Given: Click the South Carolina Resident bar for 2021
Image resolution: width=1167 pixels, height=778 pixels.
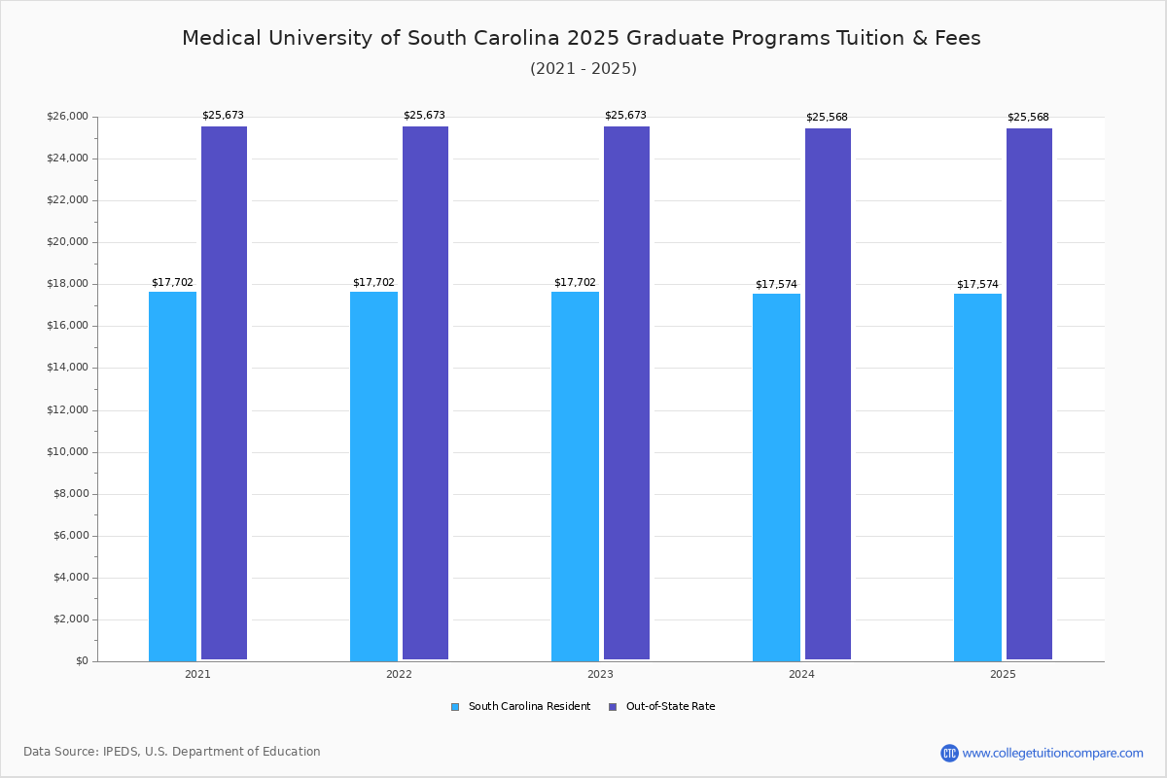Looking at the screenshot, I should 172,477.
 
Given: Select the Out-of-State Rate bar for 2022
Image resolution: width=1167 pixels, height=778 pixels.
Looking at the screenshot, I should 425,394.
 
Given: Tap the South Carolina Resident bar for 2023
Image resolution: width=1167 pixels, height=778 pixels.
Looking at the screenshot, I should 575,477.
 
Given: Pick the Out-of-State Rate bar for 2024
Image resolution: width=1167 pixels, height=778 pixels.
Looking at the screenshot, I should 828,395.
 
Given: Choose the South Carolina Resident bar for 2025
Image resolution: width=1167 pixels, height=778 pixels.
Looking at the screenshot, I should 977,477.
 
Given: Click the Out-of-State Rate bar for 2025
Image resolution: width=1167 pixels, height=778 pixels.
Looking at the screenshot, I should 1029,395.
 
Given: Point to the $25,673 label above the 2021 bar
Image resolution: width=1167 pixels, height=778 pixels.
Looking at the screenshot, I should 223,116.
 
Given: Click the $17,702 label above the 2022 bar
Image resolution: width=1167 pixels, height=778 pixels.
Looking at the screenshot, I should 373,283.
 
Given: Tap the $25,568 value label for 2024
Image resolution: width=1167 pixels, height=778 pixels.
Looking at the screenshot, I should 827,118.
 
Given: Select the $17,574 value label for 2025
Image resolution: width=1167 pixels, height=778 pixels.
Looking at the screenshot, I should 977,285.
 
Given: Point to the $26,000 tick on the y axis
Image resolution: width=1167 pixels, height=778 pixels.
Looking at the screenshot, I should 67,117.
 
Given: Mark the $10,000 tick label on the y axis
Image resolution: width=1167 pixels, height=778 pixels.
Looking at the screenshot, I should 67,452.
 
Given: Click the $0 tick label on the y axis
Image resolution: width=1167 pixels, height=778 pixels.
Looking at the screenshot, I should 82,661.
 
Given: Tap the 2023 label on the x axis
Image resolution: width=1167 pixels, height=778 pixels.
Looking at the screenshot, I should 600,674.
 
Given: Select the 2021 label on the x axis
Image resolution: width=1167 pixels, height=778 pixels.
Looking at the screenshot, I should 197,674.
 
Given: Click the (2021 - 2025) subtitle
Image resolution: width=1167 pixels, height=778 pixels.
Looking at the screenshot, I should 583,69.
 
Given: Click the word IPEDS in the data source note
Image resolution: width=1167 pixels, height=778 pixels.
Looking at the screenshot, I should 120,752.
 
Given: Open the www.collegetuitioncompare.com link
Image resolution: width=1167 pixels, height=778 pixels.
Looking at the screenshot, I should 1052,753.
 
